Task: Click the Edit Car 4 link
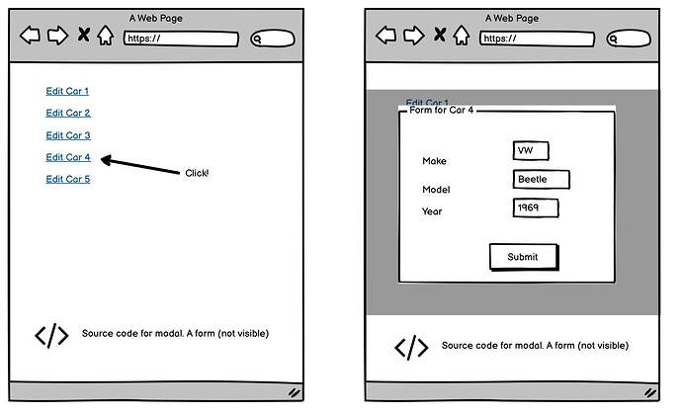[x=68, y=157]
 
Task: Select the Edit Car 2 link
[x=68, y=113]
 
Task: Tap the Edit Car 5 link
[x=68, y=179]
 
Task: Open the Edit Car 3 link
[x=68, y=135]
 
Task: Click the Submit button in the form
[x=524, y=257]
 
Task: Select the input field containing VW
[x=531, y=151]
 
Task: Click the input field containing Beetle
[x=541, y=179]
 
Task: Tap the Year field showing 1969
[x=536, y=207]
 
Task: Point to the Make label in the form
[x=434, y=161]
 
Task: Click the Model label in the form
[x=436, y=190]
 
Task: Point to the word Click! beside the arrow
[x=197, y=173]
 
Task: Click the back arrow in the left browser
[x=30, y=35]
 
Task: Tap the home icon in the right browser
[x=462, y=36]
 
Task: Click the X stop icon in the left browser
[x=83, y=34]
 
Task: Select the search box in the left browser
[x=273, y=39]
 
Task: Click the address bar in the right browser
[x=537, y=39]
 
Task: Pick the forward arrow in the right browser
[x=413, y=36]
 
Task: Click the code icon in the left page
[x=51, y=336]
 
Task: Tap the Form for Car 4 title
[x=442, y=110]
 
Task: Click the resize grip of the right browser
[x=650, y=393]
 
